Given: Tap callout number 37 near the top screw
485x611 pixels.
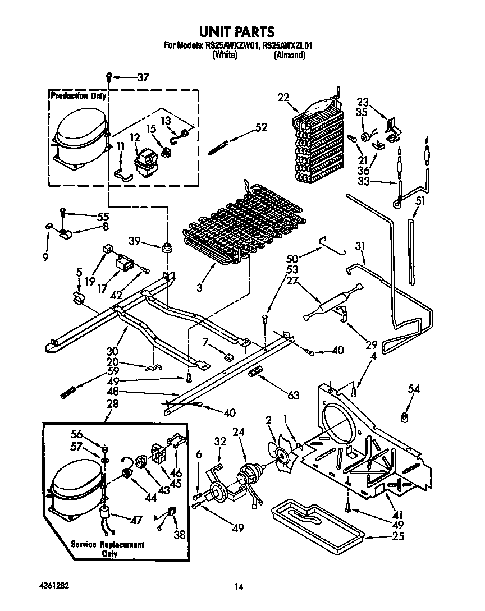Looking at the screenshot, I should tap(143, 78).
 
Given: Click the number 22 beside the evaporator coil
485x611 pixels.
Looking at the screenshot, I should tap(282, 97).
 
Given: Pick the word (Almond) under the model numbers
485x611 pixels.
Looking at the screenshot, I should tap(289, 55).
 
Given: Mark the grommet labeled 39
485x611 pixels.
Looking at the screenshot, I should tap(167, 247).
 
